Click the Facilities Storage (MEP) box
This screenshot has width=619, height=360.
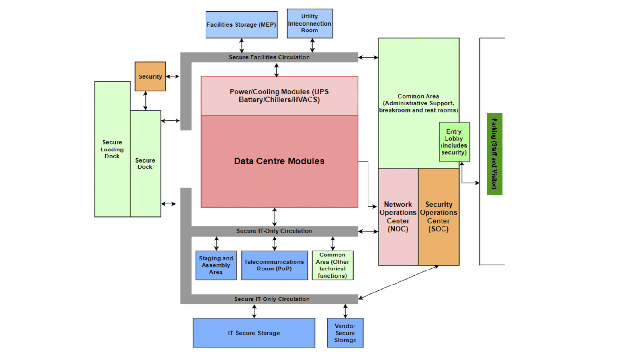241,25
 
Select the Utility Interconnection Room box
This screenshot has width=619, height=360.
309,23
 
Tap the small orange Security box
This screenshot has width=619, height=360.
150,76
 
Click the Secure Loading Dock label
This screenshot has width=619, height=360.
112,149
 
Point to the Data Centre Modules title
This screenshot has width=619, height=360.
279,161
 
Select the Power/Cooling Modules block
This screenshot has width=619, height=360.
280,96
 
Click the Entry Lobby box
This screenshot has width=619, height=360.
454,142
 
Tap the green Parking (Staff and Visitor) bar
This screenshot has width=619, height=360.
495,154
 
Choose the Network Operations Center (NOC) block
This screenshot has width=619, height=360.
398,217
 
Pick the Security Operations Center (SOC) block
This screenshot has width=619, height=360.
439,217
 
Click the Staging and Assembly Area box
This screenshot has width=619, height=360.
216,265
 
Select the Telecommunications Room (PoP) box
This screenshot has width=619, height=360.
274,265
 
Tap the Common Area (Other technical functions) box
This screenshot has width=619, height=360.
333,265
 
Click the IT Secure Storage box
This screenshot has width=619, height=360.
254,333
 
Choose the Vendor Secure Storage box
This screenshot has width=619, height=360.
345,333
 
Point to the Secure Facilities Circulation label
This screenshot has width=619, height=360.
269,57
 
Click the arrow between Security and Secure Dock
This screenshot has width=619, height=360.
145,101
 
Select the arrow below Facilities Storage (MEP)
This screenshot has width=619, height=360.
241,45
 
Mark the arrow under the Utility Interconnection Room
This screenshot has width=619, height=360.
313,45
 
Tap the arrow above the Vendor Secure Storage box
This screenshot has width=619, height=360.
346,311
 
